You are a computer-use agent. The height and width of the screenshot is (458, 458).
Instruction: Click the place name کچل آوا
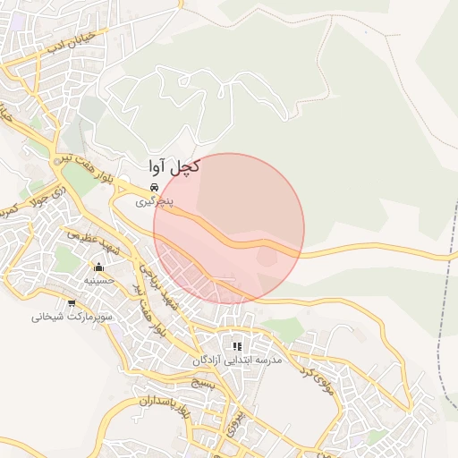click(x=174, y=166)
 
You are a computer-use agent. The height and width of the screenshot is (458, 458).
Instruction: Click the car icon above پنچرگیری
click(x=155, y=187)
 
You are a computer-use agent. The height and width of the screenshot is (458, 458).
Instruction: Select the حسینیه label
click(x=99, y=280)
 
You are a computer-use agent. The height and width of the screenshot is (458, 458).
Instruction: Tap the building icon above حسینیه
click(x=98, y=267)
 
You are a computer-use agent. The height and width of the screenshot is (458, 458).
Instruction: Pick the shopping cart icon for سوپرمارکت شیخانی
click(x=71, y=303)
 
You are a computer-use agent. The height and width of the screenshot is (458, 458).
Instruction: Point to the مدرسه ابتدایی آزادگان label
click(x=237, y=360)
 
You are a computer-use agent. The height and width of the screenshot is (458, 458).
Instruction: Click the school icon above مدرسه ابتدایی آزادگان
click(x=237, y=346)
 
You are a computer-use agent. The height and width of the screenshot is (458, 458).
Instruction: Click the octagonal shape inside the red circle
click(x=267, y=257)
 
